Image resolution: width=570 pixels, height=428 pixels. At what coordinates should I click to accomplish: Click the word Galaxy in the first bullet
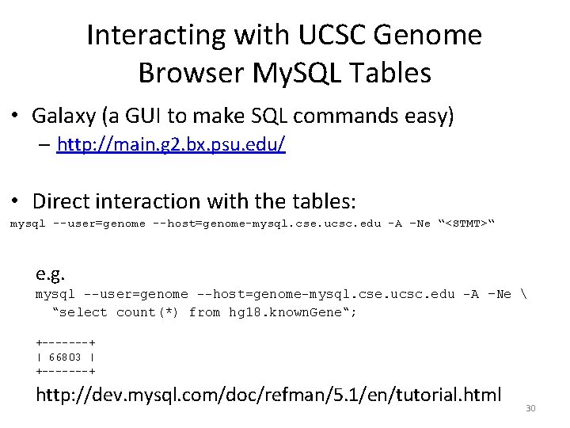63,117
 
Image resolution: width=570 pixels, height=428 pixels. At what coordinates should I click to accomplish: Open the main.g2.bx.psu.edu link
171,145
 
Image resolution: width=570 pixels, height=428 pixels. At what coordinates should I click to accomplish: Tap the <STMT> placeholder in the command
466,224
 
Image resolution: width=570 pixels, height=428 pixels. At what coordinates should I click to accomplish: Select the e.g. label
50,274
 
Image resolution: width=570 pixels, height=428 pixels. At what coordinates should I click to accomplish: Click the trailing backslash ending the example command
526,294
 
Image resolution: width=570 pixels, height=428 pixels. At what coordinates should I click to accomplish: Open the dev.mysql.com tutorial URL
268,394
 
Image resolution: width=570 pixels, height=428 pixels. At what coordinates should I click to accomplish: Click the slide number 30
530,408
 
